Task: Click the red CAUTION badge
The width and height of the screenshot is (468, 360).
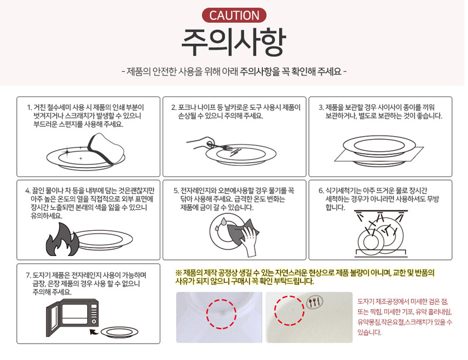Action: click(234, 15)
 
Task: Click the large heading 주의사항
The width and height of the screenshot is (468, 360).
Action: click(233, 43)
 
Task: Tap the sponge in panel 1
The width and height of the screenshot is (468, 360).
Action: click(106, 148)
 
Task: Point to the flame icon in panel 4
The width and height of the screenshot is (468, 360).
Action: click(63, 240)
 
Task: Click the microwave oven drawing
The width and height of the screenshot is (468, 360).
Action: click(73, 314)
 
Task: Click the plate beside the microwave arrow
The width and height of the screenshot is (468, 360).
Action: click(119, 333)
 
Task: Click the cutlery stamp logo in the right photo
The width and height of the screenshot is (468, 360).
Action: click(315, 303)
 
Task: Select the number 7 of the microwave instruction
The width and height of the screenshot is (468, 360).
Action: click(27, 275)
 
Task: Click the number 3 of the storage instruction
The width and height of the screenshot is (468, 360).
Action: click(321, 108)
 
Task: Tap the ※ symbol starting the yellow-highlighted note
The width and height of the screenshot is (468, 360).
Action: click(178, 272)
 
